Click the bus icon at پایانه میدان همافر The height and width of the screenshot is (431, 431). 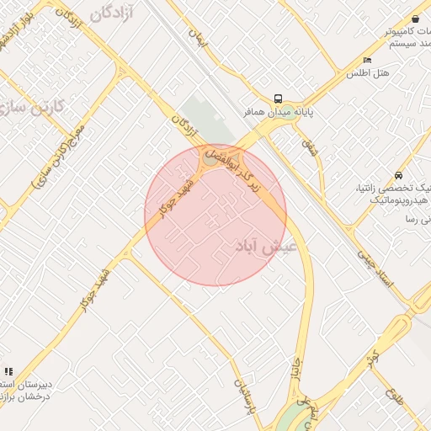coord(279,98)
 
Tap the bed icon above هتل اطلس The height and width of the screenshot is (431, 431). coord(367,60)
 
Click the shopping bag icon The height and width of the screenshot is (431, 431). coord(416,19)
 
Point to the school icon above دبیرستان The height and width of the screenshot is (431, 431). coord(8,371)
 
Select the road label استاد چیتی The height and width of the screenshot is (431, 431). coord(375,269)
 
